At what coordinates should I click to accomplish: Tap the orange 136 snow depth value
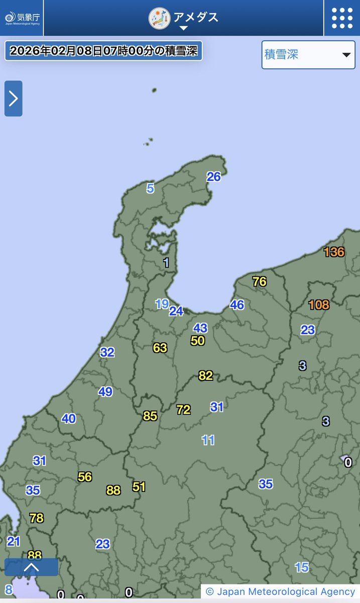(334, 252)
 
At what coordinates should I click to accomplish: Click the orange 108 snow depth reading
(319, 305)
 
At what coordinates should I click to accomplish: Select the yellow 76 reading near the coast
(260, 281)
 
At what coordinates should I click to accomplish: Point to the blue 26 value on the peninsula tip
(214, 177)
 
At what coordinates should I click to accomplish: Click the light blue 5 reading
(150, 189)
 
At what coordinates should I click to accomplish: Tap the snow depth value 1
(166, 262)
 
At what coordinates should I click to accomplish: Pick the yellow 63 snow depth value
(160, 348)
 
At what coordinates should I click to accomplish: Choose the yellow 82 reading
(206, 375)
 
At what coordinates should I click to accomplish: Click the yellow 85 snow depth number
(150, 416)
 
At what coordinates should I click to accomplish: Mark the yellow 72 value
(184, 410)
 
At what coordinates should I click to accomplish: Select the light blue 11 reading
(208, 440)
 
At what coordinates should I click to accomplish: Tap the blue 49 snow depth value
(105, 391)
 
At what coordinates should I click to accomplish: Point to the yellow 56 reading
(85, 477)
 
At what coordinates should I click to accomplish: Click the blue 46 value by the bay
(237, 305)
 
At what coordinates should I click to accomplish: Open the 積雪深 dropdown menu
(308, 55)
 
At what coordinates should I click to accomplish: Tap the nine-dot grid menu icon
(342, 18)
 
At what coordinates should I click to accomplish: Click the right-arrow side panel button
(14, 98)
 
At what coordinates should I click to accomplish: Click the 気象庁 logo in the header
(22, 18)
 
